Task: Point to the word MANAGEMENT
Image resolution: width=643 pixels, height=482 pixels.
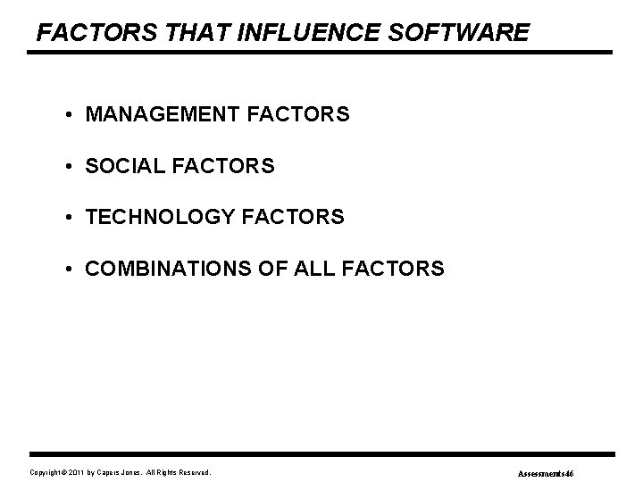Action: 159,115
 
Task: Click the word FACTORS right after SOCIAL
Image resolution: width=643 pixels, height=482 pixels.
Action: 223,166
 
